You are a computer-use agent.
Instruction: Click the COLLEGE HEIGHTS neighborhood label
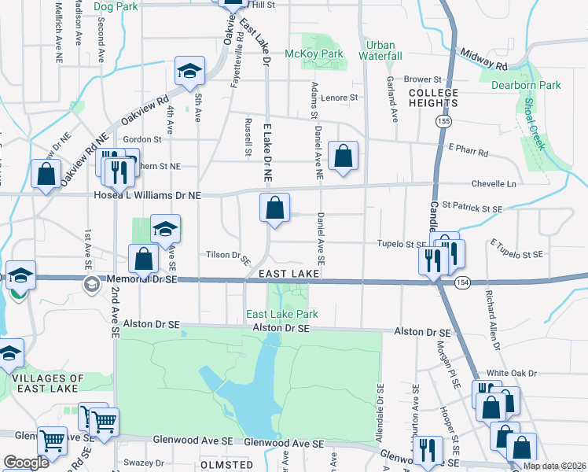pos(433,98)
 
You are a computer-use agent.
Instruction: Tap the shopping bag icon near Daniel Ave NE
pos(344,157)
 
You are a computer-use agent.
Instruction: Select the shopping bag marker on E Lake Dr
pos(275,209)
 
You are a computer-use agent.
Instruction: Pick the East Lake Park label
pos(282,314)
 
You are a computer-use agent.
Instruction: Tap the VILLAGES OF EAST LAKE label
pos(45,383)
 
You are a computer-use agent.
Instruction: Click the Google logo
pos(27,463)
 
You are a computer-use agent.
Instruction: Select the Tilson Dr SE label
pos(227,256)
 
